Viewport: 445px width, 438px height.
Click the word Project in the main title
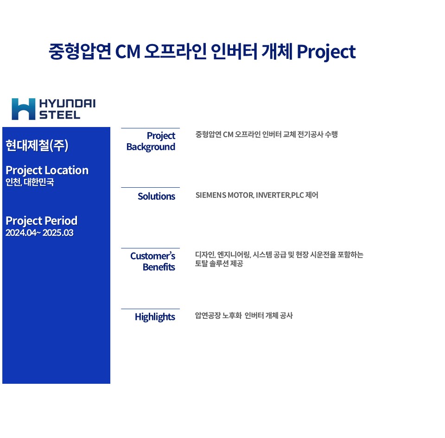(326, 52)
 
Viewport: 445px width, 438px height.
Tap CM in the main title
(128, 52)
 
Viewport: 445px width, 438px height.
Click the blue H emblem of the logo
(23, 109)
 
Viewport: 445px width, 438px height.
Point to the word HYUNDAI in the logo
(67, 103)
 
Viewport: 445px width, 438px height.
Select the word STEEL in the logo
(60, 115)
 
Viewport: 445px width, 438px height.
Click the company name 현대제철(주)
(37, 145)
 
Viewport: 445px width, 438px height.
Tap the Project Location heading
(47, 170)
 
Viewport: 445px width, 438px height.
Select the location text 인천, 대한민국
(30, 182)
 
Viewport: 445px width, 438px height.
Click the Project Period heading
(41, 221)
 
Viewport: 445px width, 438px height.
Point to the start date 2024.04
(21, 233)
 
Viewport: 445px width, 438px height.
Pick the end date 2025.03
(58, 233)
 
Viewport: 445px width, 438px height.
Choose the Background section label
(151, 147)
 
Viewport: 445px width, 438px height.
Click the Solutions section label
(156, 197)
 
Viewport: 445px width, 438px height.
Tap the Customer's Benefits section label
(153, 261)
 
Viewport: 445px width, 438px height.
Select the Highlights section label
(155, 317)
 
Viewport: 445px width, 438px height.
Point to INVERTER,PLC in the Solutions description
(280, 195)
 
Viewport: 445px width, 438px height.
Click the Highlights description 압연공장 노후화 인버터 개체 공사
(244, 316)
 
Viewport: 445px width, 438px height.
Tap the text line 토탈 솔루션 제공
(219, 264)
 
